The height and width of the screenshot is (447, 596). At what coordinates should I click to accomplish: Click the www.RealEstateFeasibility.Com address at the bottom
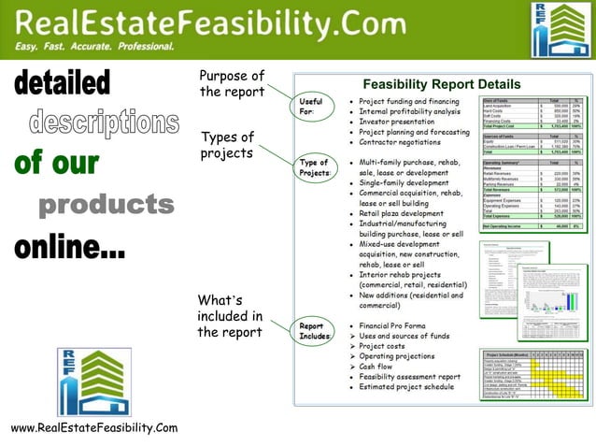tap(93, 427)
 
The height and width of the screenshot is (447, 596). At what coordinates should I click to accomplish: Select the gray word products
tap(106, 205)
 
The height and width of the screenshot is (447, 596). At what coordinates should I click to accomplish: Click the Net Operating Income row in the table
tap(532, 226)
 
